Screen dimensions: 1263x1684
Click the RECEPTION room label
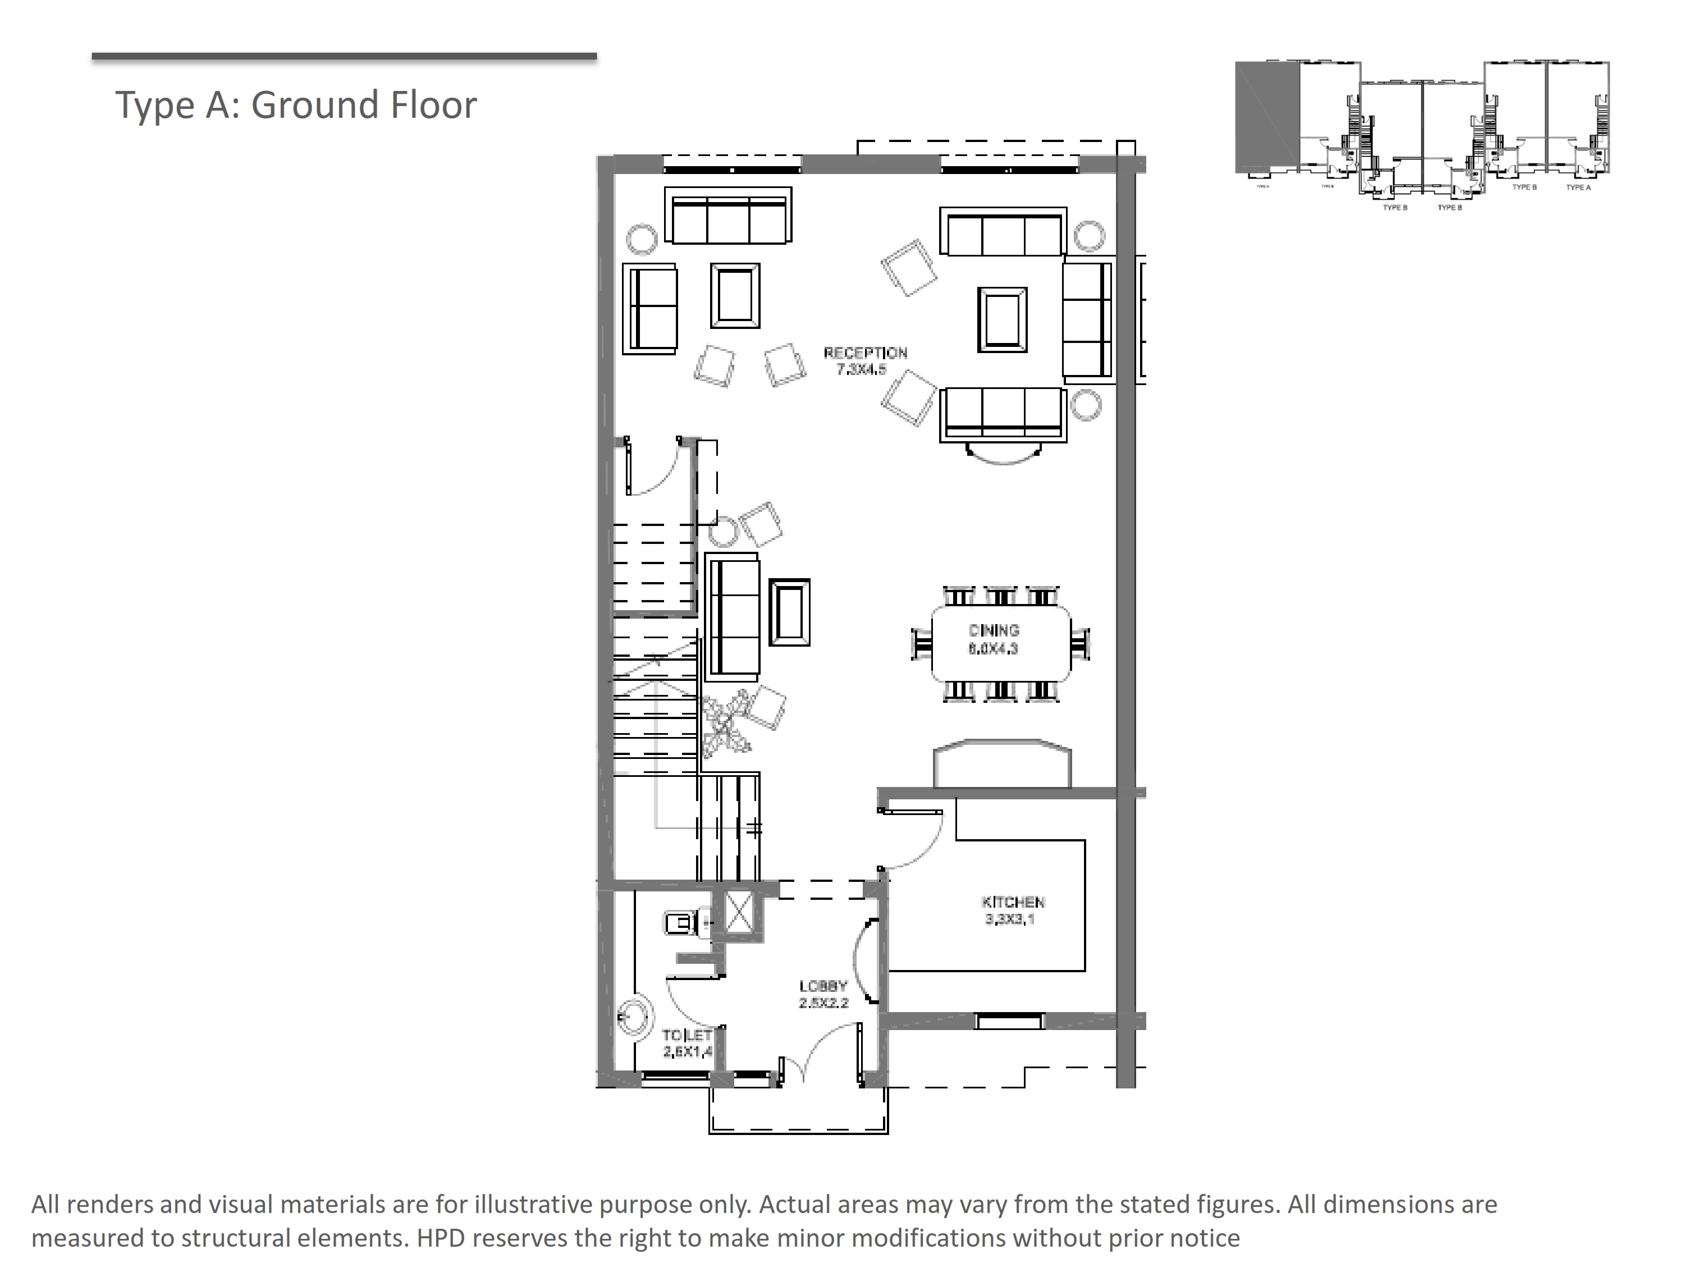click(x=866, y=353)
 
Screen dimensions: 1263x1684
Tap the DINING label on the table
click(x=994, y=630)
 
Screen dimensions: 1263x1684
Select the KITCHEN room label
click(x=1013, y=902)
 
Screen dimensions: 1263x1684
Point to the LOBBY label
click(x=823, y=986)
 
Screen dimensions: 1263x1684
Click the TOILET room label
click(x=687, y=1035)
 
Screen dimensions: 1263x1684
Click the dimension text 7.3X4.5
click(x=861, y=370)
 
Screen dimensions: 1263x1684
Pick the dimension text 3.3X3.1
click(x=1009, y=919)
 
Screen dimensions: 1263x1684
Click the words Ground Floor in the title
click(x=364, y=104)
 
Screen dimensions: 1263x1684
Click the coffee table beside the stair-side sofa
click(x=789, y=612)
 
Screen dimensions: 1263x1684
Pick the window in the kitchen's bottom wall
click(x=1009, y=1021)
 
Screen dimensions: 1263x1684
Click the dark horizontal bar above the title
click(x=344, y=56)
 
